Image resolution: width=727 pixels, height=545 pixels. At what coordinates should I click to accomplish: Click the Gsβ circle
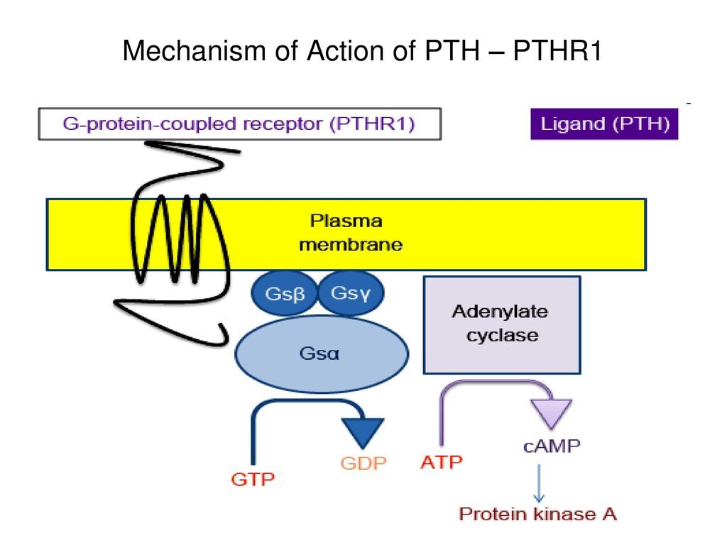[283, 294]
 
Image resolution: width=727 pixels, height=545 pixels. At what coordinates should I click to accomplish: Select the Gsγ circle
[350, 292]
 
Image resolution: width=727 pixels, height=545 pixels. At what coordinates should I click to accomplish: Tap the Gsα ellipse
[322, 353]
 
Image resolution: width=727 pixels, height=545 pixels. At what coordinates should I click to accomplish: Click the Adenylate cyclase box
[501, 324]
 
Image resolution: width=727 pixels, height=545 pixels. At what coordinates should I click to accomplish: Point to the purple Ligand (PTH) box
[604, 125]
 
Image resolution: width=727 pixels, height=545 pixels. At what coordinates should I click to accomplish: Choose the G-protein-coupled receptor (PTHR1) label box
[240, 124]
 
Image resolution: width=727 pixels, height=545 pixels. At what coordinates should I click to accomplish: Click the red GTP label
[252, 480]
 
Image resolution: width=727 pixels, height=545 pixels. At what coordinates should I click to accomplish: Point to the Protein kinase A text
[538, 513]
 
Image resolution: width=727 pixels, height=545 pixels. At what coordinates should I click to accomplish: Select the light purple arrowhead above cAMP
[551, 412]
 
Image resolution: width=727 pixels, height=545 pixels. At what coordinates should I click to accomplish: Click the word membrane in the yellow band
[351, 246]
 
